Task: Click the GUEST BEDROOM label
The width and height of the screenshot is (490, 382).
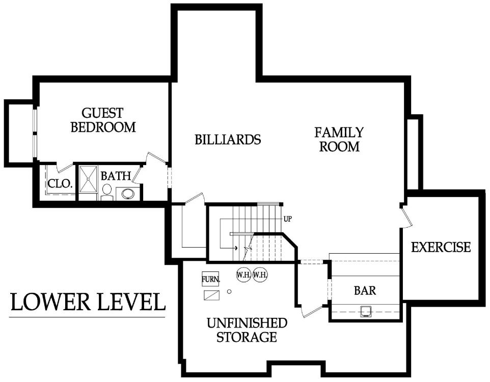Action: [x=103, y=120]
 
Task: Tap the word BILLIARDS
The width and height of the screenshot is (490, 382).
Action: [x=228, y=140]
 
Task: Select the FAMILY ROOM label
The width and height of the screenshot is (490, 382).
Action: [x=339, y=140]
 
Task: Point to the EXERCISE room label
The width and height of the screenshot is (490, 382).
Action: [x=441, y=247]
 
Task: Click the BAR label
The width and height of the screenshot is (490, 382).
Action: [x=365, y=290]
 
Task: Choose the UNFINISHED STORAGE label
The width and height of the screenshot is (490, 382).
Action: [x=247, y=330]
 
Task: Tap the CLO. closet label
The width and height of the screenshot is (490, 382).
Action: [x=60, y=183]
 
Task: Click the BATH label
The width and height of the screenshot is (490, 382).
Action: [x=116, y=176]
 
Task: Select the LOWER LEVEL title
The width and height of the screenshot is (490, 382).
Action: [x=88, y=302]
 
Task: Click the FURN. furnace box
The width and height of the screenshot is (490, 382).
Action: [x=210, y=279]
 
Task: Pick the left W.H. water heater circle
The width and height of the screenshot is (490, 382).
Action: [x=244, y=275]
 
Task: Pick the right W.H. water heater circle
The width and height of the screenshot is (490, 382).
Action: [x=260, y=275]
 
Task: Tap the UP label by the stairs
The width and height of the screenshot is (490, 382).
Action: [x=287, y=219]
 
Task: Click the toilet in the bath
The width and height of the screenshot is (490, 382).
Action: [x=107, y=192]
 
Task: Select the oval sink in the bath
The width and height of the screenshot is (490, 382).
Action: [x=128, y=194]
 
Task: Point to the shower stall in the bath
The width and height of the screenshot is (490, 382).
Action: [x=88, y=179]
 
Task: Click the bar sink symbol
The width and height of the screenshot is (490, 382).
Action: [x=365, y=311]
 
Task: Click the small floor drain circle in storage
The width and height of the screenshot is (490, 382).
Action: [x=229, y=292]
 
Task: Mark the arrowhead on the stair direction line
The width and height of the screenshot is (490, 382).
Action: [x=236, y=248]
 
